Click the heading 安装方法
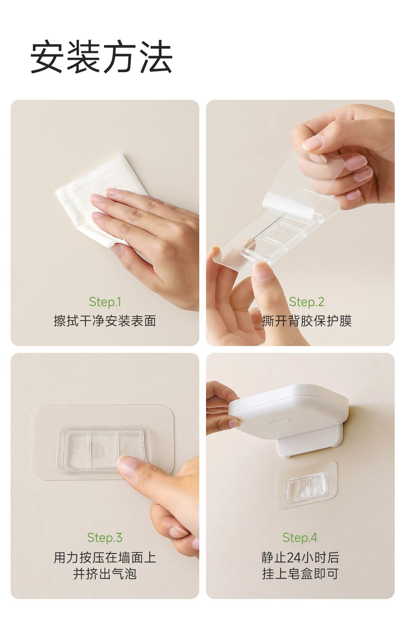102,57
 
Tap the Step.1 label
105,302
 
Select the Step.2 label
307,302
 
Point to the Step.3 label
105,538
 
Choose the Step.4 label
300,538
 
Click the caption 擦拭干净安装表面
105,321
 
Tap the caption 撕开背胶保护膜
307,321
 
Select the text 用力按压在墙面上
105,557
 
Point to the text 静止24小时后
300,557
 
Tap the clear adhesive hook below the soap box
306,485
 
